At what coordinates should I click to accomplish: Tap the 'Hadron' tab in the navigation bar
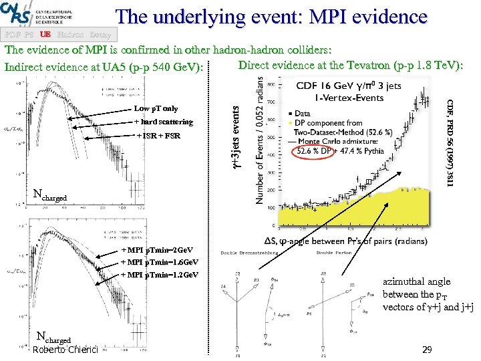point(70,33)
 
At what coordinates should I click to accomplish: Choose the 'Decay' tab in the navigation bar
point(100,33)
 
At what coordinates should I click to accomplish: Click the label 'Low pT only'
point(156,108)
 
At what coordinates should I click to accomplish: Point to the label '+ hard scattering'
point(164,122)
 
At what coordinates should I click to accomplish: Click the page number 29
point(428,350)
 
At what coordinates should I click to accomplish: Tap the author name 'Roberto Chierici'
point(65,350)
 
